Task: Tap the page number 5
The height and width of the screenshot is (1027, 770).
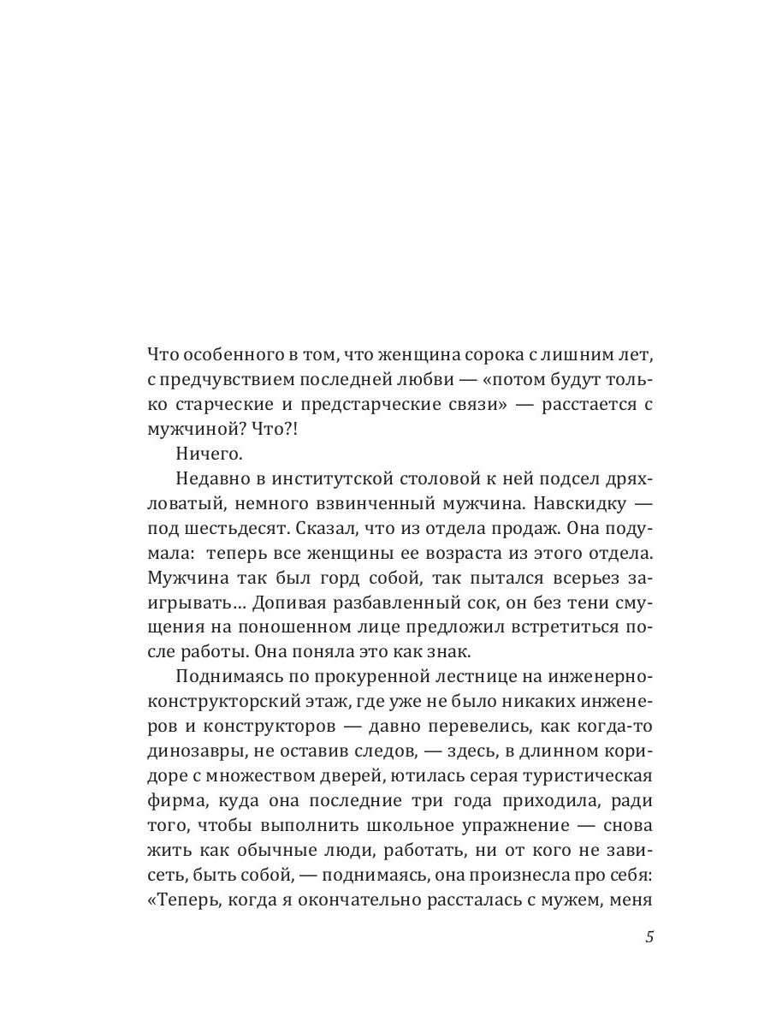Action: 649,936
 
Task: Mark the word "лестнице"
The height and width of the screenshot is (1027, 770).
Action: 435,680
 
